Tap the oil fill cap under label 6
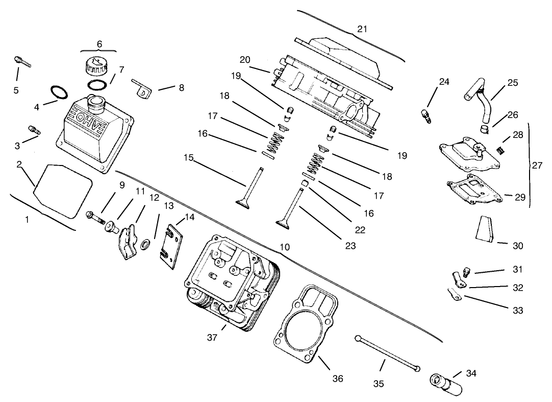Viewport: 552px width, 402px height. tap(97, 66)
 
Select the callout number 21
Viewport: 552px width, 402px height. tap(362, 29)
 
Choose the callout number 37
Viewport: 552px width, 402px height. tap(213, 338)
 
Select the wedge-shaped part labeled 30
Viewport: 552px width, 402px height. tap(485, 228)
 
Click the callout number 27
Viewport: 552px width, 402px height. tap(537, 165)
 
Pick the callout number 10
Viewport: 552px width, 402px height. tap(285, 247)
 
